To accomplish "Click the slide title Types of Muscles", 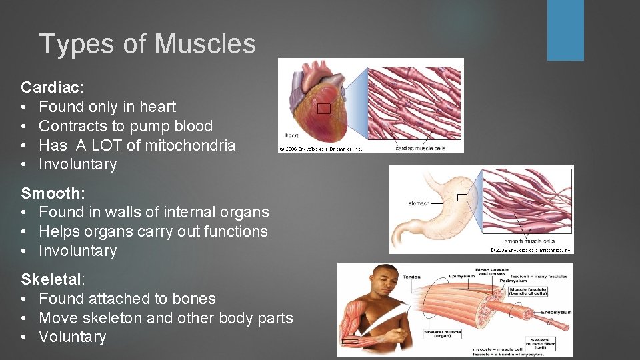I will (x=147, y=44).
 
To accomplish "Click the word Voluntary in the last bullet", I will (x=73, y=337).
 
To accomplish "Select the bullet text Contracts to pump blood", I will (x=126, y=126).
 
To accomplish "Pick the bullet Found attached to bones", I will (x=127, y=299).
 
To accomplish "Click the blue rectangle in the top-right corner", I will (x=565, y=30).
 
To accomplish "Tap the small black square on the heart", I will (x=324, y=109).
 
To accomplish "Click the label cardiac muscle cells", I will (x=419, y=148).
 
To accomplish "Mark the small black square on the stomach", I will (x=462, y=197).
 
